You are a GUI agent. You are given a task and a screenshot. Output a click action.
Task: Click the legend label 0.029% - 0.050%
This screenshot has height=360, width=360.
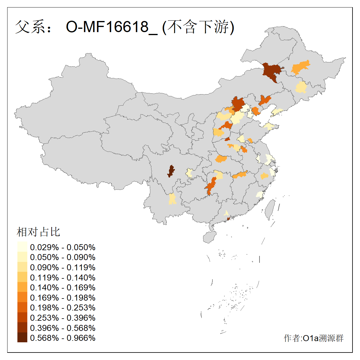63,247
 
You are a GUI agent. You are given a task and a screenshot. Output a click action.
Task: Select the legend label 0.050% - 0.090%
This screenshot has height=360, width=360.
63,257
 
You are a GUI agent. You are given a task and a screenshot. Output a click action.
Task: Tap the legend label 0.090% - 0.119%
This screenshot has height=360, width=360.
63,268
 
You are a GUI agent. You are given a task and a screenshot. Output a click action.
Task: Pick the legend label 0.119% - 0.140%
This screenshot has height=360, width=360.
63,277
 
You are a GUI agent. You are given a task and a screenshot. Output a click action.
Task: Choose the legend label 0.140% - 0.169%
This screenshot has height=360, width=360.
63,288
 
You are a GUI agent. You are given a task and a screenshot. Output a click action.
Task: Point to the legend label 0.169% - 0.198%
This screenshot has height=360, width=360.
63,298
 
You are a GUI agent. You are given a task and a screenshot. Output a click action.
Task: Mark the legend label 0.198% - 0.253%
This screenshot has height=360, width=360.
63,308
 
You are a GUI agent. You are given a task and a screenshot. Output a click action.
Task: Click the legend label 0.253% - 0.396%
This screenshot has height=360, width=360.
63,318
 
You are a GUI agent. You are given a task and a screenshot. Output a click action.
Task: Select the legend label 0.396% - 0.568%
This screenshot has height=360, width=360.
63,328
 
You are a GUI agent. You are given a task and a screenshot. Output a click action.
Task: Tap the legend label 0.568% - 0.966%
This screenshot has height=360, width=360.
63,338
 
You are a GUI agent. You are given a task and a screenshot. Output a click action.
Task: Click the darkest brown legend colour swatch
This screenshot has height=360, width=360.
22,337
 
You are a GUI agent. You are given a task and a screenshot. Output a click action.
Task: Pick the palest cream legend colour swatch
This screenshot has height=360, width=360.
22,247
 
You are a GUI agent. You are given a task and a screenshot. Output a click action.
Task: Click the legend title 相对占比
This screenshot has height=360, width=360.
38,232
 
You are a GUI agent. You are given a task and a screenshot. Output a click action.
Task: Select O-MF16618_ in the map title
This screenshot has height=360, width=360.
112,27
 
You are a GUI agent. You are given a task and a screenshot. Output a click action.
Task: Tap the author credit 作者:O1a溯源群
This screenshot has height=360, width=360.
313,338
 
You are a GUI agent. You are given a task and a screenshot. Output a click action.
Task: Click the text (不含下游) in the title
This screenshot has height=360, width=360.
198,27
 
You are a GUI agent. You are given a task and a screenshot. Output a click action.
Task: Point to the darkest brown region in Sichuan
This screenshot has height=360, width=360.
171,171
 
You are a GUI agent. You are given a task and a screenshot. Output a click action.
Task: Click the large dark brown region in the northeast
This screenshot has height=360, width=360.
271,71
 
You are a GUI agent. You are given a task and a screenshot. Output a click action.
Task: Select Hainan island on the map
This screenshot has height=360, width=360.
210,237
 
